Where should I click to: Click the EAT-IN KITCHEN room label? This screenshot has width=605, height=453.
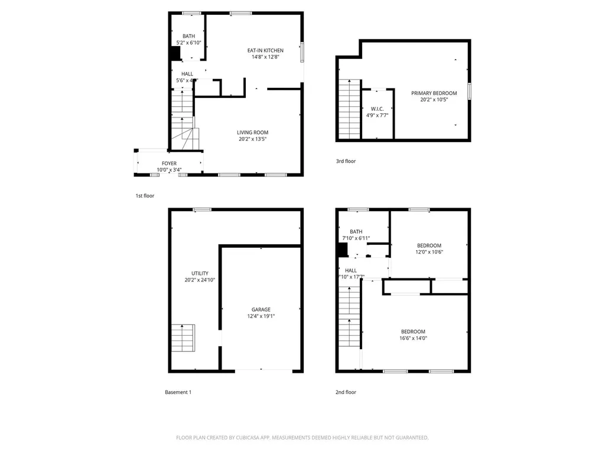[265, 51]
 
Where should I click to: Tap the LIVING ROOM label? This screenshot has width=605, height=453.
[253, 133]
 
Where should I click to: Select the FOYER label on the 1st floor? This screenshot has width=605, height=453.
[169, 163]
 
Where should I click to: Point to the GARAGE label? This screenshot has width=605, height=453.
[261, 310]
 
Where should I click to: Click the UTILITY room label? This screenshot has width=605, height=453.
[199, 273]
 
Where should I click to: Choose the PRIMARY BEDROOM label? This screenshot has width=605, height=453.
[434, 93]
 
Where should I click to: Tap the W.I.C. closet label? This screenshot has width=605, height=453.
[377, 109]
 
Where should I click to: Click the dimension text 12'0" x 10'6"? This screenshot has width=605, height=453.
[429, 252]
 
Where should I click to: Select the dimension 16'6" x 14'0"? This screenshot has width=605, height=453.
[413, 338]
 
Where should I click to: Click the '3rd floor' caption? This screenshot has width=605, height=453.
[346, 161]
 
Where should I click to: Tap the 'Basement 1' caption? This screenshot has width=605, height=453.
[178, 392]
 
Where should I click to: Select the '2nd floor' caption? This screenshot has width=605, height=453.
[346, 392]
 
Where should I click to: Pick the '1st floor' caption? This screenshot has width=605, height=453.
[145, 195]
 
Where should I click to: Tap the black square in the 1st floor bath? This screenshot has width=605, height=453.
[175, 53]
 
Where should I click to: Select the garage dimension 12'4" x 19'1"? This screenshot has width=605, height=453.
[261, 316]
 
